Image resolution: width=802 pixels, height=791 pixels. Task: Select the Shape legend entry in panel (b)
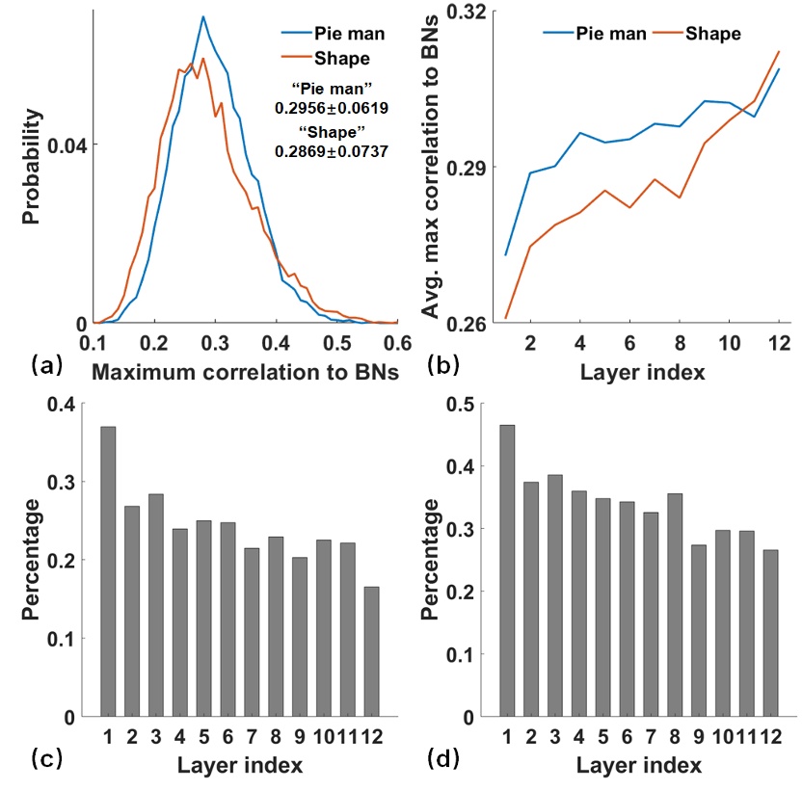712,33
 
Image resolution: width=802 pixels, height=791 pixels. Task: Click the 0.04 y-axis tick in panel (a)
70,145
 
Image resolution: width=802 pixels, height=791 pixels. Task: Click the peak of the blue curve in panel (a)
203,16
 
